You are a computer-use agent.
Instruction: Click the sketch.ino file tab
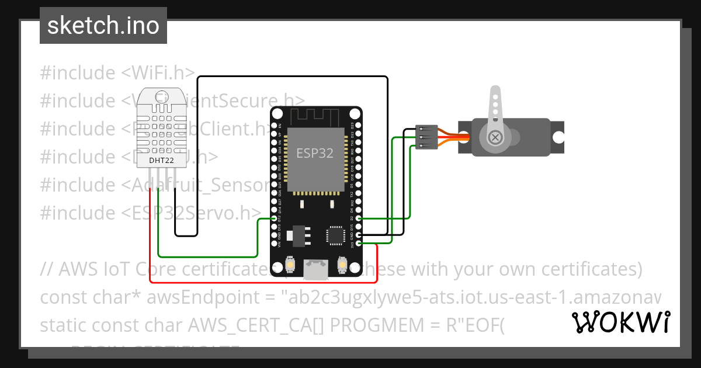click(103, 26)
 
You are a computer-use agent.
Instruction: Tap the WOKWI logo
click(620, 322)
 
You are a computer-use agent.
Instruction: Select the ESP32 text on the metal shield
click(315, 153)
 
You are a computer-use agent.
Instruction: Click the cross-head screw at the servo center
click(496, 137)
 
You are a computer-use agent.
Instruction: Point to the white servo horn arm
click(495, 111)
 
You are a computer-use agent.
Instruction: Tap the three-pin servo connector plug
click(426, 137)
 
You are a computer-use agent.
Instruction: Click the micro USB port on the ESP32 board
click(315, 269)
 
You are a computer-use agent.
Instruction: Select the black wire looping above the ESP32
click(292, 77)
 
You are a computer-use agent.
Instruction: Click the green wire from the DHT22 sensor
click(204, 256)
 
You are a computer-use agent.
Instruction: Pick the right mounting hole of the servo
click(558, 137)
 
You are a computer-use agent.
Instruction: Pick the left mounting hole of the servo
click(465, 137)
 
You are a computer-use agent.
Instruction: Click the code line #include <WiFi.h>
click(117, 73)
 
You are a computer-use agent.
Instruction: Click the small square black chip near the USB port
click(335, 235)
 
